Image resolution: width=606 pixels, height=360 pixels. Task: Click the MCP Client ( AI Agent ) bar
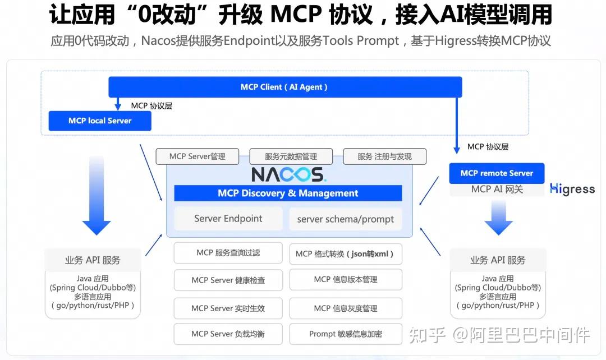pyautogui.click(x=284, y=87)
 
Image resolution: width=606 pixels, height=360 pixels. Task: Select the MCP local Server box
pyautogui.click(x=100, y=121)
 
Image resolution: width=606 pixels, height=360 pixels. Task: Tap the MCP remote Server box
pyautogui.click(x=497, y=173)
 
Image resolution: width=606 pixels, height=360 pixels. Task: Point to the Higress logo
pyautogui.click(x=572, y=189)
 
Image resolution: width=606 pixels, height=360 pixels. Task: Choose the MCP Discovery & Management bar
pyautogui.click(x=288, y=193)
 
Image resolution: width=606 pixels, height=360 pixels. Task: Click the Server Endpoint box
pyautogui.click(x=228, y=219)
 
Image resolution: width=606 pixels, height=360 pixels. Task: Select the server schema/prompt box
pyautogui.click(x=346, y=219)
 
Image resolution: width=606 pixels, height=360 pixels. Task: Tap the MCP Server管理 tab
pyautogui.click(x=197, y=156)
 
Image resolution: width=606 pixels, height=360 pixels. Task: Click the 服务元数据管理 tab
pyautogui.click(x=291, y=156)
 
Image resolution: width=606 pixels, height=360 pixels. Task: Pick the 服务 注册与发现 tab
pyautogui.click(x=384, y=156)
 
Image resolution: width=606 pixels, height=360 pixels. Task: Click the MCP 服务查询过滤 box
pyautogui.click(x=228, y=253)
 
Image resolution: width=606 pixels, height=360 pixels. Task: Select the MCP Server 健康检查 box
pyautogui.click(x=228, y=280)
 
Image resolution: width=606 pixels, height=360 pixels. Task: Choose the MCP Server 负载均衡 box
pyautogui.click(x=228, y=334)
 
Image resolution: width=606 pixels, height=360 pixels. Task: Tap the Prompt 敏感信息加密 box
pyautogui.click(x=346, y=334)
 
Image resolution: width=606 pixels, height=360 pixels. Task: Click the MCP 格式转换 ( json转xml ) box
pyautogui.click(x=346, y=253)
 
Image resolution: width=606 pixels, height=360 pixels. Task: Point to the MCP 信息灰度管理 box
pyautogui.click(x=346, y=308)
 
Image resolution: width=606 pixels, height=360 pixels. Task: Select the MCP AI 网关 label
pyautogui.click(x=497, y=190)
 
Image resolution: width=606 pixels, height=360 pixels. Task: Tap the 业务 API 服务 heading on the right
pyautogui.click(x=498, y=260)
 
